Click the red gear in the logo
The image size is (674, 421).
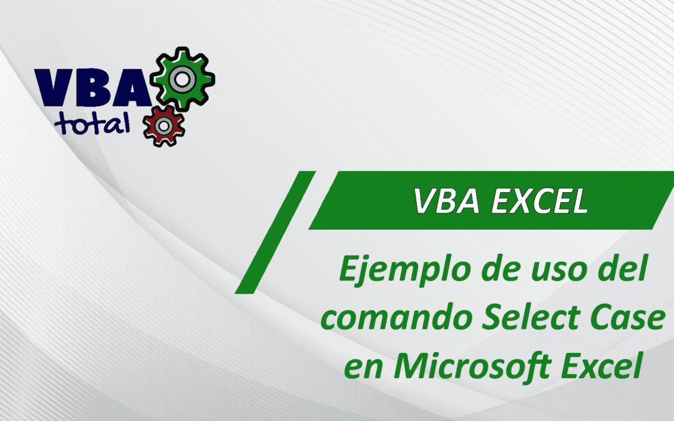[x=164, y=125]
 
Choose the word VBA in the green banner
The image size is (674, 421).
[x=441, y=201]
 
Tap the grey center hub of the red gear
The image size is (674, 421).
[x=164, y=125]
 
